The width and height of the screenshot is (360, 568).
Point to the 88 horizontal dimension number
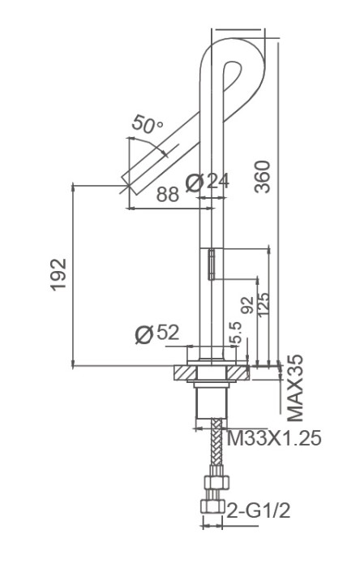[x=168, y=195]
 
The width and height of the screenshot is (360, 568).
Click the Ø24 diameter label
[x=207, y=182]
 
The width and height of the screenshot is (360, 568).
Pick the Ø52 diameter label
[x=156, y=333]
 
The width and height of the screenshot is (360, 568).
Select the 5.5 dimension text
[x=236, y=331]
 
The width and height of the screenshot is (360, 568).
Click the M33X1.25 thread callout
[x=273, y=439]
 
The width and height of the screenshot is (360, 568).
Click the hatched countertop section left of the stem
[x=185, y=374]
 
